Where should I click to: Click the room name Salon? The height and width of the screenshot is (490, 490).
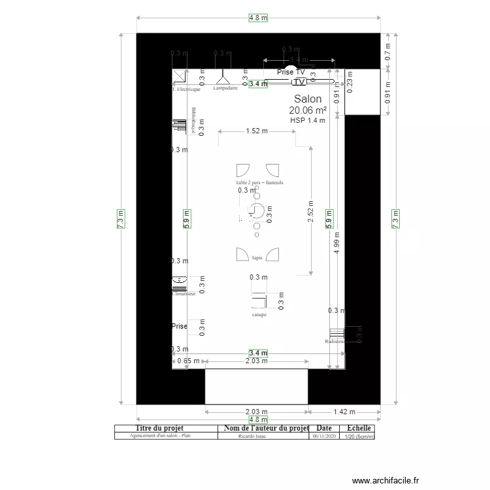[x=307, y=99]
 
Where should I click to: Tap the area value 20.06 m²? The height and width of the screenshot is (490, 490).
[x=308, y=110]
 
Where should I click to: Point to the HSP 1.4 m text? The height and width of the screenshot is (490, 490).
[x=308, y=120]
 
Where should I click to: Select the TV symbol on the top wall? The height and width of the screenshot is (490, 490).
[x=299, y=82]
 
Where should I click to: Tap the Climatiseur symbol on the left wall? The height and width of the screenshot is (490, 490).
[x=179, y=282]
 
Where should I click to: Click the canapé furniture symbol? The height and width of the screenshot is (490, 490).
[x=259, y=300]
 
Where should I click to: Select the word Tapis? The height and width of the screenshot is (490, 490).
[x=257, y=258]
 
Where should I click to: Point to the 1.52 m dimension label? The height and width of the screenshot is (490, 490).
[x=257, y=131]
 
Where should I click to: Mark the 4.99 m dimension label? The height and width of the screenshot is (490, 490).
[x=336, y=242]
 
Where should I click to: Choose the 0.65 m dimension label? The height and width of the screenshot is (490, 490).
[x=188, y=361]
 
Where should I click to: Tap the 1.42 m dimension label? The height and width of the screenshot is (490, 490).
[x=344, y=412]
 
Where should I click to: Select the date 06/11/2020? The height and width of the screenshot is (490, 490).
[x=324, y=436]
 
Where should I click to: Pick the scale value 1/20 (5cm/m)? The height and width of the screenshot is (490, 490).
[x=359, y=436]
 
